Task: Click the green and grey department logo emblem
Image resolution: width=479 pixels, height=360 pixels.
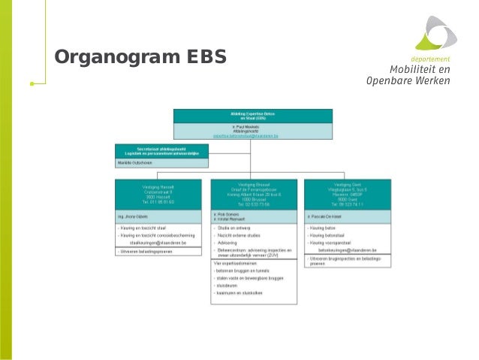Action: click(435, 34)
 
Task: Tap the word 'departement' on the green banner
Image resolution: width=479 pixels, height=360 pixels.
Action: click(430, 59)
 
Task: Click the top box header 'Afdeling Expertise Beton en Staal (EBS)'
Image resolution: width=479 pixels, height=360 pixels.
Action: click(252, 116)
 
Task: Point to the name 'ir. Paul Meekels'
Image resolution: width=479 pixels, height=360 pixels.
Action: click(252, 127)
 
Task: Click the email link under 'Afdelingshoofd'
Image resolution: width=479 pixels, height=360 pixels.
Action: click(252, 136)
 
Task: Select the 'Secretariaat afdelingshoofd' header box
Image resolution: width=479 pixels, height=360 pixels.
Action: click(157, 150)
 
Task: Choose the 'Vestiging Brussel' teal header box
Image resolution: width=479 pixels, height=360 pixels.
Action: click(252, 193)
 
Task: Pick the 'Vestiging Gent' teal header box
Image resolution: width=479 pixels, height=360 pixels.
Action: click(347, 193)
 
